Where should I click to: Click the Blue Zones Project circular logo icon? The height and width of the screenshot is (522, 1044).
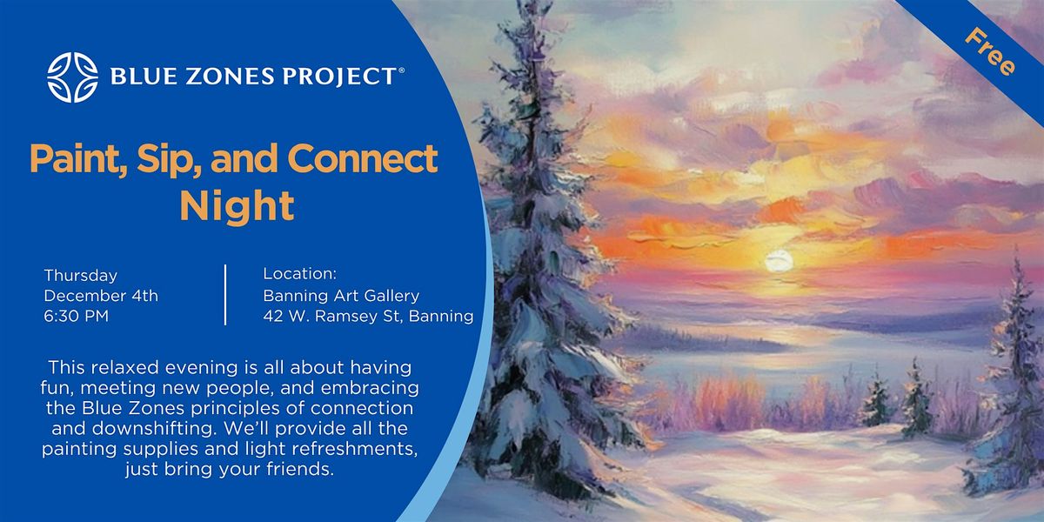72,77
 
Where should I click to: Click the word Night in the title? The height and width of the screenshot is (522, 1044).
237,206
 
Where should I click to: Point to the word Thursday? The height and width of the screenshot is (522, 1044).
81,275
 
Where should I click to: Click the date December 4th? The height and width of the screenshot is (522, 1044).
101,296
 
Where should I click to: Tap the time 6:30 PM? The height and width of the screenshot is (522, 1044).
77,317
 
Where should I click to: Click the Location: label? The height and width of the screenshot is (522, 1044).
299,274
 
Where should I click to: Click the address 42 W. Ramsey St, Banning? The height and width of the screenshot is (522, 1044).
368,317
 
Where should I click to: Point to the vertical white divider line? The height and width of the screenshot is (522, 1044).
225,295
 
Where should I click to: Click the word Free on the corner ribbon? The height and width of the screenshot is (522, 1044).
990,51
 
